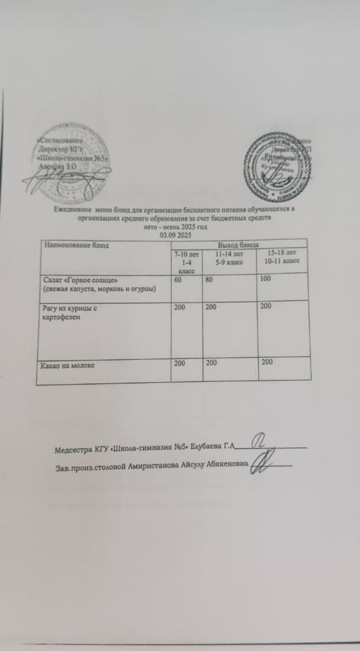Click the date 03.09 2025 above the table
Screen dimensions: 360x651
point(175,235)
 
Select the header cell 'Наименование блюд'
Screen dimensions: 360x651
point(76,245)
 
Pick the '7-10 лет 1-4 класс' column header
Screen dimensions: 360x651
point(187,262)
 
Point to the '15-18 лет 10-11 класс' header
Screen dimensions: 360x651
point(282,257)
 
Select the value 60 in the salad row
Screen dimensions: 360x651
point(178,280)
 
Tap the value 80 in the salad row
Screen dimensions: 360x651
point(209,280)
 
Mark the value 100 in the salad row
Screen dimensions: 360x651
point(265,279)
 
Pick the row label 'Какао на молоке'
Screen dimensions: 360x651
point(68,365)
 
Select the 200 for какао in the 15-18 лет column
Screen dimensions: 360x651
point(267,362)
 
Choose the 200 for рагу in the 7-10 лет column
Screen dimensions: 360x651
point(179,307)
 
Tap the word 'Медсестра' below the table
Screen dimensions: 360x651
point(73,450)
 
